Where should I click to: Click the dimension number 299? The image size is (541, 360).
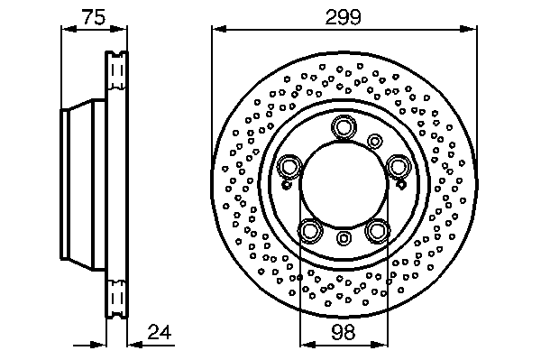tap(343, 17)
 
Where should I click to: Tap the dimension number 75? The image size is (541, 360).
tap(94, 17)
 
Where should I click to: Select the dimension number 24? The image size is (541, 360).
tap(160, 332)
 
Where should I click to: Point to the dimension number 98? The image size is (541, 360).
tap(344, 332)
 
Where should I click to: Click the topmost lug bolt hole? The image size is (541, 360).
tap(344, 127)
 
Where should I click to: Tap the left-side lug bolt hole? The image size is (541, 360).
tap(289, 167)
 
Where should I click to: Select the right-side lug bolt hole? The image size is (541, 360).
tap(398, 167)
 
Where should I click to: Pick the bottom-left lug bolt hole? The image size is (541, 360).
tap(310, 231)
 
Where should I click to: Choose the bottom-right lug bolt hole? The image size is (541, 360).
tap(377, 231)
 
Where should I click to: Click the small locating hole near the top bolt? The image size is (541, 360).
tap(374, 141)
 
